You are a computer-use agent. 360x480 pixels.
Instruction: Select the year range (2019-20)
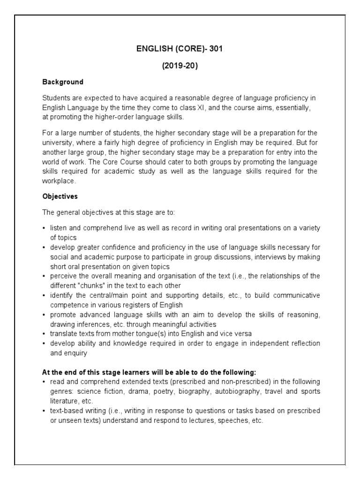click(x=180, y=66)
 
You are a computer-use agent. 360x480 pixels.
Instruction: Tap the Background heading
click(x=63, y=82)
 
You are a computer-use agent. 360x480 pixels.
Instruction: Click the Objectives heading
click(x=60, y=196)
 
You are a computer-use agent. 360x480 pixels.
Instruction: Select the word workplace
click(x=59, y=180)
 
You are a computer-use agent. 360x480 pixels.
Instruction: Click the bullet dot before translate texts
click(x=44, y=334)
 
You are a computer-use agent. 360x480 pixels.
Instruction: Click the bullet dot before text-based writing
click(x=44, y=411)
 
